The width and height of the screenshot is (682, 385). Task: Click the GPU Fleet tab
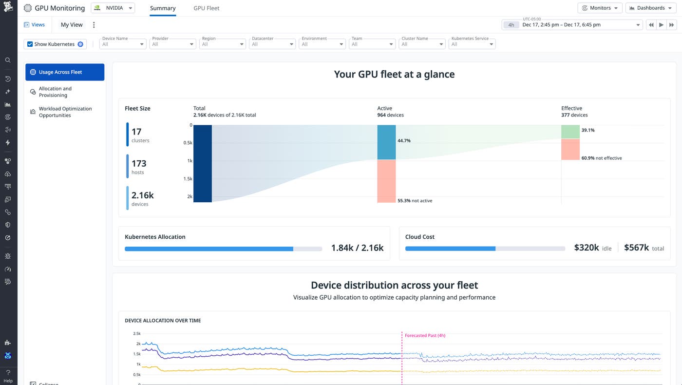pos(206,8)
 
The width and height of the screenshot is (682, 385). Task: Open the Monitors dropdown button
pos(600,8)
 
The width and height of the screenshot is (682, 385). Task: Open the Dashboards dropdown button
pos(650,8)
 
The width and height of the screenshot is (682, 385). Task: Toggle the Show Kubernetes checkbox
pos(30,44)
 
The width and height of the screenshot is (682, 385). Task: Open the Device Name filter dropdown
pos(123,44)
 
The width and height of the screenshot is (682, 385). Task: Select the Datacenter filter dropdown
pos(272,44)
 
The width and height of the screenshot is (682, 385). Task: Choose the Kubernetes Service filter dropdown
pos(472,44)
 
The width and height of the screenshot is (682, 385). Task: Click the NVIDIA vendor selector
pos(113,8)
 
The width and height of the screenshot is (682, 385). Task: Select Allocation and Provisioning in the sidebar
pos(55,92)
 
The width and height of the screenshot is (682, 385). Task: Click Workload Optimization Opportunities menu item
pos(65,112)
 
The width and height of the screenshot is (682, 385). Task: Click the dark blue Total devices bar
pos(203,163)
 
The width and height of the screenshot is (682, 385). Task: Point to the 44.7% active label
pos(404,141)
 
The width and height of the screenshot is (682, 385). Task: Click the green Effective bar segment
pos(570,132)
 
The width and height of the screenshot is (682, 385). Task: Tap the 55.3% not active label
pos(415,201)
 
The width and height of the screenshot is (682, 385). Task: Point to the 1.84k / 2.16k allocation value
pos(357,248)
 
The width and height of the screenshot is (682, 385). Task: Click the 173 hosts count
pos(139,164)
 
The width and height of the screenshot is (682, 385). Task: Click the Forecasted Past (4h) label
pos(425,335)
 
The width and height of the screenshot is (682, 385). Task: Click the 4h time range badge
pos(511,25)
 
